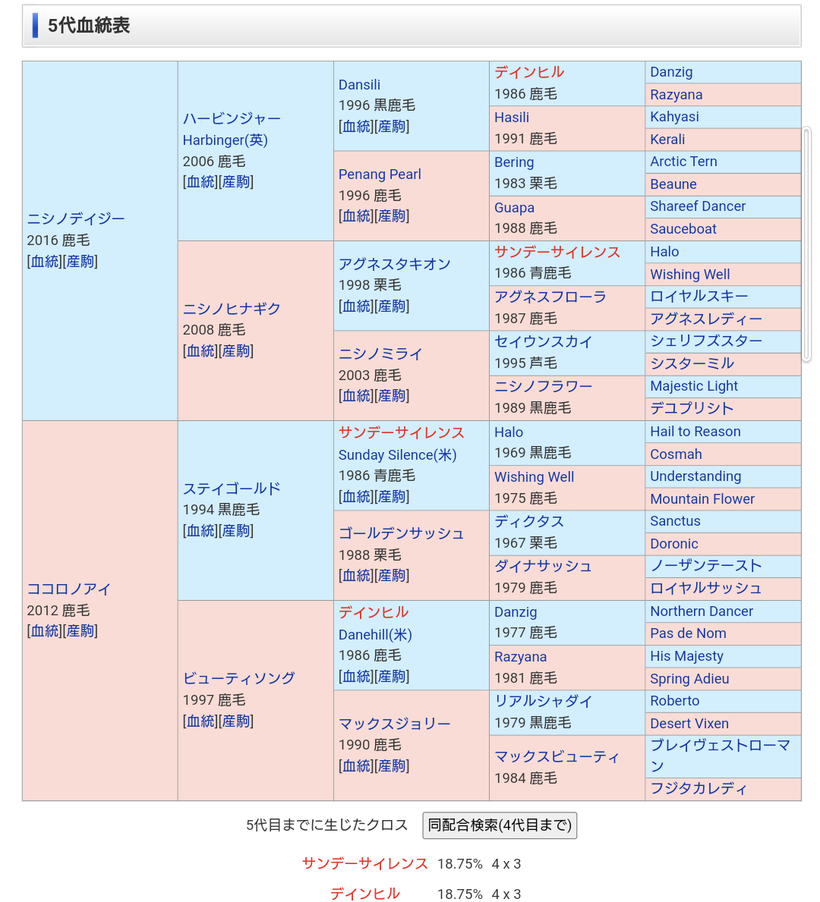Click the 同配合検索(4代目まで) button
[x=500, y=825]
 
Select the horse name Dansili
[x=359, y=84]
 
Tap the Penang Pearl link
[x=380, y=174]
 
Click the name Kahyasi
[x=674, y=117]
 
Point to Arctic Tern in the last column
[x=683, y=162]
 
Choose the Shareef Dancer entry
[x=698, y=206]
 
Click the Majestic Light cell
[x=694, y=386]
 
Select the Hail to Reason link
[x=695, y=432]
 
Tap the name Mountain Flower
[x=702, y=498]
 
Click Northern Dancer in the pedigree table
[x=702, y=611]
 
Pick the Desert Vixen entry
[x=689, y=724]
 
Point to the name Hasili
[x=511, y=118]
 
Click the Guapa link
[x=514, y=208]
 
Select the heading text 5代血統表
[x=89, y=25]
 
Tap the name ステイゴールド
[x=232, y=489]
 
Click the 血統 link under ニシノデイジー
[x=45, y=262]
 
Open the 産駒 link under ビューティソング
[x=236, y=721]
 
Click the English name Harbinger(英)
[x=225, y=140]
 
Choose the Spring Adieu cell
[x=689, y=679]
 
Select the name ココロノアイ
[x=68, y=589]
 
